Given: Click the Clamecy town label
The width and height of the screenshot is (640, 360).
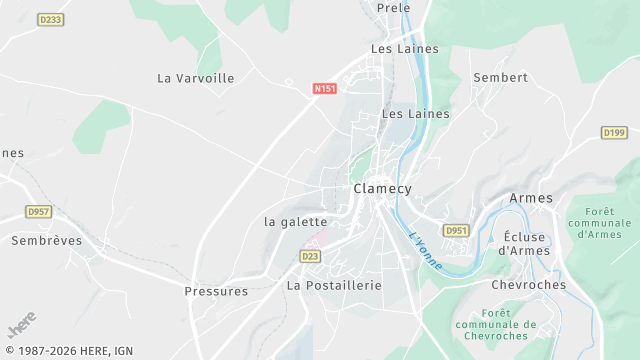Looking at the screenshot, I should point(382,188).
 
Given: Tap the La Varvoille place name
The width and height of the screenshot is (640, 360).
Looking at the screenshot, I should point(196,78).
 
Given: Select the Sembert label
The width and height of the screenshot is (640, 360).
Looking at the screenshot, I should point(500,77).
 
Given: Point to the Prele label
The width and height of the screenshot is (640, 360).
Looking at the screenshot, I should point(394,8).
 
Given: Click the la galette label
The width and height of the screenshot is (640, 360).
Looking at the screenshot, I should point(295,221).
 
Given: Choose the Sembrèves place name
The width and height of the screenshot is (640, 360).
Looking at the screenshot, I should point(45,240).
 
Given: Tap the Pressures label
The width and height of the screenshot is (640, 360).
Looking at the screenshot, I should point(216,291).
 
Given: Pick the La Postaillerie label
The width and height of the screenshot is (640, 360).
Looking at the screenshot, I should point(335,285).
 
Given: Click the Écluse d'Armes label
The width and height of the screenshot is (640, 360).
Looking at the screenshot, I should point(525,243).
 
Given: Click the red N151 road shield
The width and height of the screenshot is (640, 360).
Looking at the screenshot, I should point(325,89).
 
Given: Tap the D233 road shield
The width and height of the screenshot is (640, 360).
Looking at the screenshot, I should point(50,19).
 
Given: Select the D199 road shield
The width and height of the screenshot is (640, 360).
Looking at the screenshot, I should point(614,132).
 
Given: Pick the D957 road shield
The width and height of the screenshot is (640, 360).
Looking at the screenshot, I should point(39,212).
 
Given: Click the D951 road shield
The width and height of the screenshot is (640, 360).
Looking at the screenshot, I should point(456,230).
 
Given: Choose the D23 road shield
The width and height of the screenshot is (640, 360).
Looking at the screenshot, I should point(309,256).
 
